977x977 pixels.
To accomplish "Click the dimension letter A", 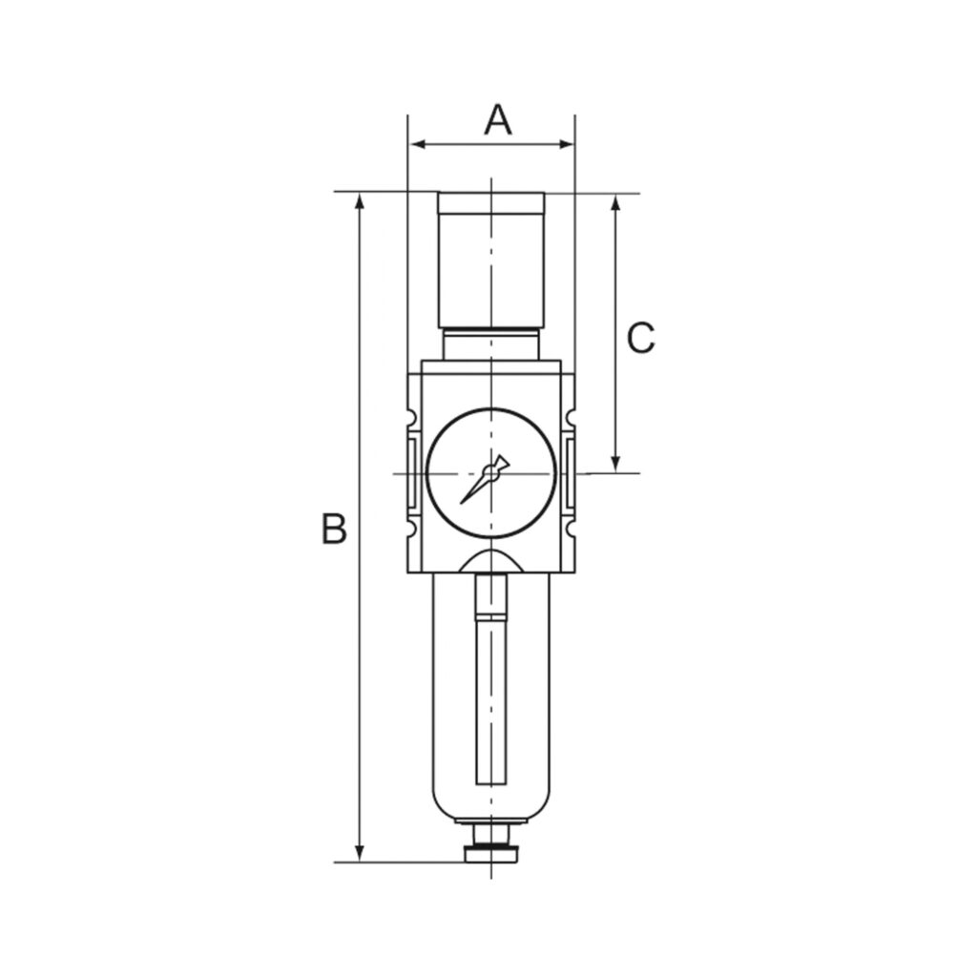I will [x=498, y=120].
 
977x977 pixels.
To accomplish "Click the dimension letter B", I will [x=333, y=528].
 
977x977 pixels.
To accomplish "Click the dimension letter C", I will [x=640, y=338].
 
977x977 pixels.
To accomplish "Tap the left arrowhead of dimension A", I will [x=417, y=145].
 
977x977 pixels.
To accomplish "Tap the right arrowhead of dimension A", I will [x=566, y=145].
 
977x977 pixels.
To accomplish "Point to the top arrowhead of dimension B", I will [x=360, y=200].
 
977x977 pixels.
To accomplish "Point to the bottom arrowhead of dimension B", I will [x=360, y=853].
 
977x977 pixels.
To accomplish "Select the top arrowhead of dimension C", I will [x=616, y=203].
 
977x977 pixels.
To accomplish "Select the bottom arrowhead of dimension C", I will [x=616, y=463].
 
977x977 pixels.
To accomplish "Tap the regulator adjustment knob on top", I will [x=490, y=258].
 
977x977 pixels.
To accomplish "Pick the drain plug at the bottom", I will [x=490, y=853].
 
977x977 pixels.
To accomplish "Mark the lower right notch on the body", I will [x=570, y=528].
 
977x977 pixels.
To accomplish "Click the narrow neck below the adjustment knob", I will [x=490, y=344].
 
